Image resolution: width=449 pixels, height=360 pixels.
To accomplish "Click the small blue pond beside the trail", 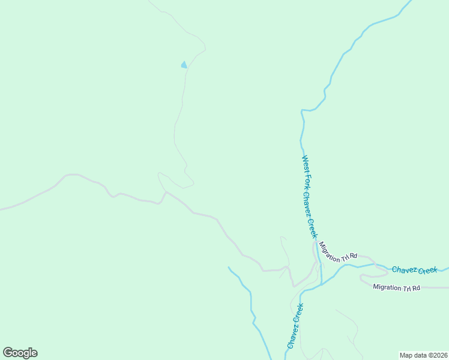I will point(184,65).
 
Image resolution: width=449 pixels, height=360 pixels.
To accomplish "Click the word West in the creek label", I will point(305,163).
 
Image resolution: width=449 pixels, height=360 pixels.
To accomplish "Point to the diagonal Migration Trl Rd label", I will point(338,251).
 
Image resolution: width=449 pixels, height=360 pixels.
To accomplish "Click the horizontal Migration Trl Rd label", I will point(396,287).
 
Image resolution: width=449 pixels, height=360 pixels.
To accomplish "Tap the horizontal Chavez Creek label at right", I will point(415,270).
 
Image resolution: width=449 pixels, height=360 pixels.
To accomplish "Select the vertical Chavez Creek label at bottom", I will point(295,326).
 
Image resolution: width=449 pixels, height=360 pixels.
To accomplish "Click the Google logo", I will point(20,353).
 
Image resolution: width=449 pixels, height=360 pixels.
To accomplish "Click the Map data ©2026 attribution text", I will point(423,355).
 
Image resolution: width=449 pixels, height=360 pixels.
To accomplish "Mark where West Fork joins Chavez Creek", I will point(322,283).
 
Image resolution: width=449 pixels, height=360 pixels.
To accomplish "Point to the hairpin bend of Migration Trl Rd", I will point(361,278).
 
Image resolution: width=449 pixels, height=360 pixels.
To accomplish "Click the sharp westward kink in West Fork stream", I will point(302,110).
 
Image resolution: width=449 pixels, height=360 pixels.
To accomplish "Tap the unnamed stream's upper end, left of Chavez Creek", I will point(229,267).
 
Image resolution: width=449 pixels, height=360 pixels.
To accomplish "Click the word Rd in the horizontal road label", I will point(415,287).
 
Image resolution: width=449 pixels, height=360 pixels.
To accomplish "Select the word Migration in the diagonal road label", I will point(330,247).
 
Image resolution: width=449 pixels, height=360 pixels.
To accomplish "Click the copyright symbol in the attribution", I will point(429,355).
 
